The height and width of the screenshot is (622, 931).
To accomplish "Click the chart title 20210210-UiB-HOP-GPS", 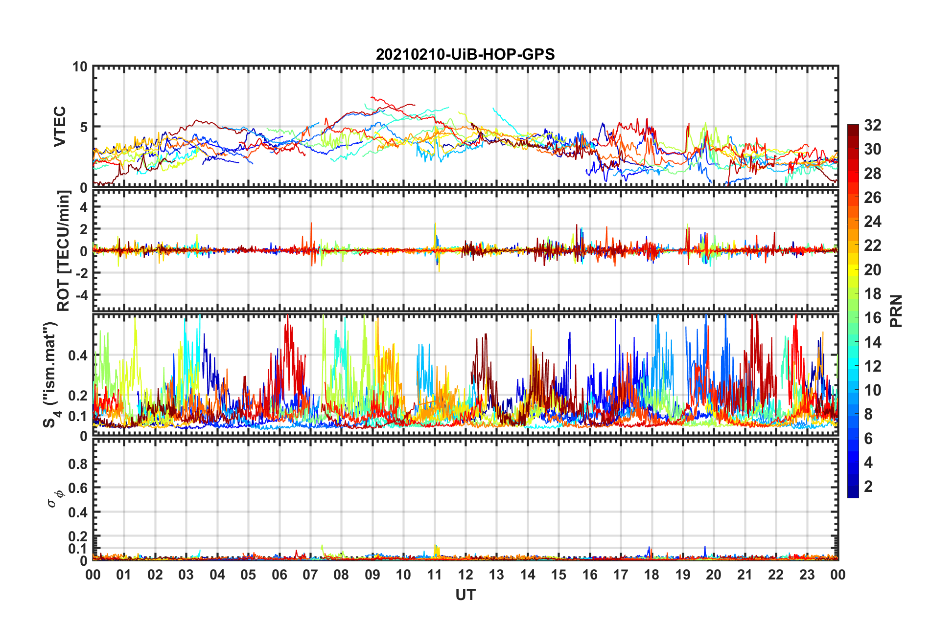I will [465, 54].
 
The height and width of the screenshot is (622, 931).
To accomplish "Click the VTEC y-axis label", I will [60, 127].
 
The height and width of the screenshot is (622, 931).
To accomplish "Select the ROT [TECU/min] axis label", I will [64, 251].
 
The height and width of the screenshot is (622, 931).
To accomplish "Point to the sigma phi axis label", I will [55, 499].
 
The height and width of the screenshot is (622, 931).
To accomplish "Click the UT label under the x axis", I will [465, 595].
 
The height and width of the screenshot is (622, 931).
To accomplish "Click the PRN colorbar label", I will [896, 311].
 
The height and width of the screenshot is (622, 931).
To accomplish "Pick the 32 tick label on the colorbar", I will [872, 125].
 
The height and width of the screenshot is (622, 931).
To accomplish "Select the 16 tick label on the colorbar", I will [872, 318].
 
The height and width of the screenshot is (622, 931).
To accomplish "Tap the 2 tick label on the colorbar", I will [868, 487].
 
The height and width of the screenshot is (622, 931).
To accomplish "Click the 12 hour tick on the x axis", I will [465, 575].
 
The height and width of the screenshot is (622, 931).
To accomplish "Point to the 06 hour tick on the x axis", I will [279, 575].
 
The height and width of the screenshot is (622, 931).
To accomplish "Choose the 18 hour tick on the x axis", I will [652, 575].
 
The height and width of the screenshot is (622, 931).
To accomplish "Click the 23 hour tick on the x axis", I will [807, 575].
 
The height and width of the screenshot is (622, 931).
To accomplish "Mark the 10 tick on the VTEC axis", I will [80, 67].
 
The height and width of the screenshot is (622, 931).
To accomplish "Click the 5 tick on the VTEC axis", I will [83, 127].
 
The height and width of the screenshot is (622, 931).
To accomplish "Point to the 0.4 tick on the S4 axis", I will [78, 355].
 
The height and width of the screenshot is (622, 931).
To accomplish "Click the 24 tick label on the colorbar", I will [872, 222].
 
